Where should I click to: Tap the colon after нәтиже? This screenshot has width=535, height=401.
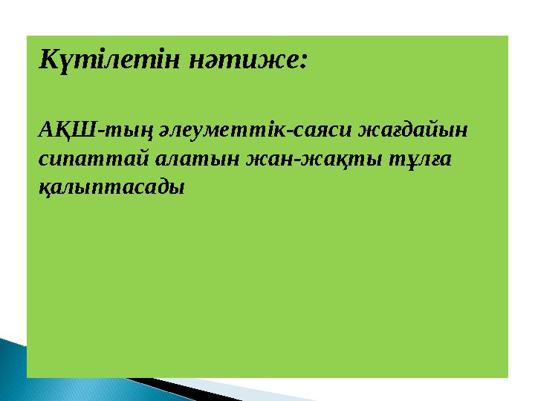pos(302,59)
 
